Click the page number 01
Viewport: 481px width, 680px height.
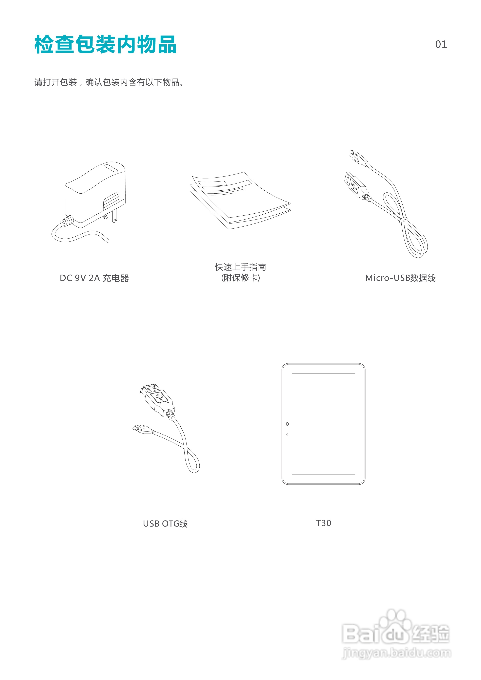point(441,44)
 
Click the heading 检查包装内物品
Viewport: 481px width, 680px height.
point(105,44)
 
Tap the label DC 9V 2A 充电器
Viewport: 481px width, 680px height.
point(94,278)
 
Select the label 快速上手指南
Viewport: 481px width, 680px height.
point(240,267)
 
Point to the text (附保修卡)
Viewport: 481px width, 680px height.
point(240,278)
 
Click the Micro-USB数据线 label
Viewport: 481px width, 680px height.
point(400,278)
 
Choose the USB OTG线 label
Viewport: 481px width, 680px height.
point(165,524)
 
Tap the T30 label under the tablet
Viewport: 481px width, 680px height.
point(323,523)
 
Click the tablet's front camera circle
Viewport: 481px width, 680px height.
point(287,424)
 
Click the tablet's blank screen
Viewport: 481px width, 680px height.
point(323,424)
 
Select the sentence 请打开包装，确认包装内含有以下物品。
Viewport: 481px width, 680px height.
point(109,82)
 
